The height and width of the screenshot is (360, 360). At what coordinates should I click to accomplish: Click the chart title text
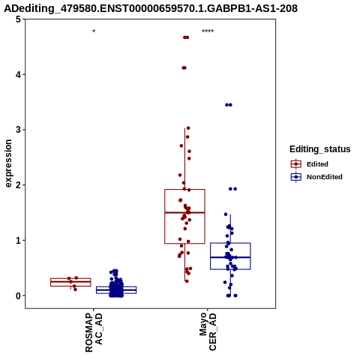(x=151, y=8)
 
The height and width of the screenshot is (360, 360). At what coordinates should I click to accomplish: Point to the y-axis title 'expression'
(x=8, y=163)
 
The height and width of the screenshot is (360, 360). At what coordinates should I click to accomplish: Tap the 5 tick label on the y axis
(x=18, y=19)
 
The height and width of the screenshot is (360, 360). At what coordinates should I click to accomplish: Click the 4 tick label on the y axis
(x=18, y=74)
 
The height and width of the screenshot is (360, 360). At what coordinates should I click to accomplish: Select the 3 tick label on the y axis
(x=18, y=130)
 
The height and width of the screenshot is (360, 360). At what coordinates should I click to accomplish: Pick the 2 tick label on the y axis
(x=18, y=185)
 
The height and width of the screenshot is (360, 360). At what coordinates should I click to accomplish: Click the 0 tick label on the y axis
(x=18, y=295)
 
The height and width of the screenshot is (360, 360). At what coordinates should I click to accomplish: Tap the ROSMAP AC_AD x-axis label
(x=94, y=332)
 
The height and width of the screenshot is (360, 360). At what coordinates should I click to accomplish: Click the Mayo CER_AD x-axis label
(x=208, y=331)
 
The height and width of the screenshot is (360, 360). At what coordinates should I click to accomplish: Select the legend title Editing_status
(x=320, y=149)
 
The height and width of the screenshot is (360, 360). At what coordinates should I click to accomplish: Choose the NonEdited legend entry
(x=316, y=177)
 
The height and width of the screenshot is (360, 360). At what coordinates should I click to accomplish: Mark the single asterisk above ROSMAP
(x=94, y=31)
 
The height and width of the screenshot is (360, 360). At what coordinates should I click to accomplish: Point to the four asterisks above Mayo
(x=208, y=31)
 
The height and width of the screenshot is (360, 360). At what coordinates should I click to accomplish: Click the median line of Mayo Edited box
(x=184, y=212)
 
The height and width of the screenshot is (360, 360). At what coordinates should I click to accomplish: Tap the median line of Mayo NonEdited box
(x=230, y=257)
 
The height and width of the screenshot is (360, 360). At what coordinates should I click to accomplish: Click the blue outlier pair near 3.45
(x=229, y=105)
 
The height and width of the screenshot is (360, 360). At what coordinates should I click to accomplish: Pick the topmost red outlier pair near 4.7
(x=186, y=37)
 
